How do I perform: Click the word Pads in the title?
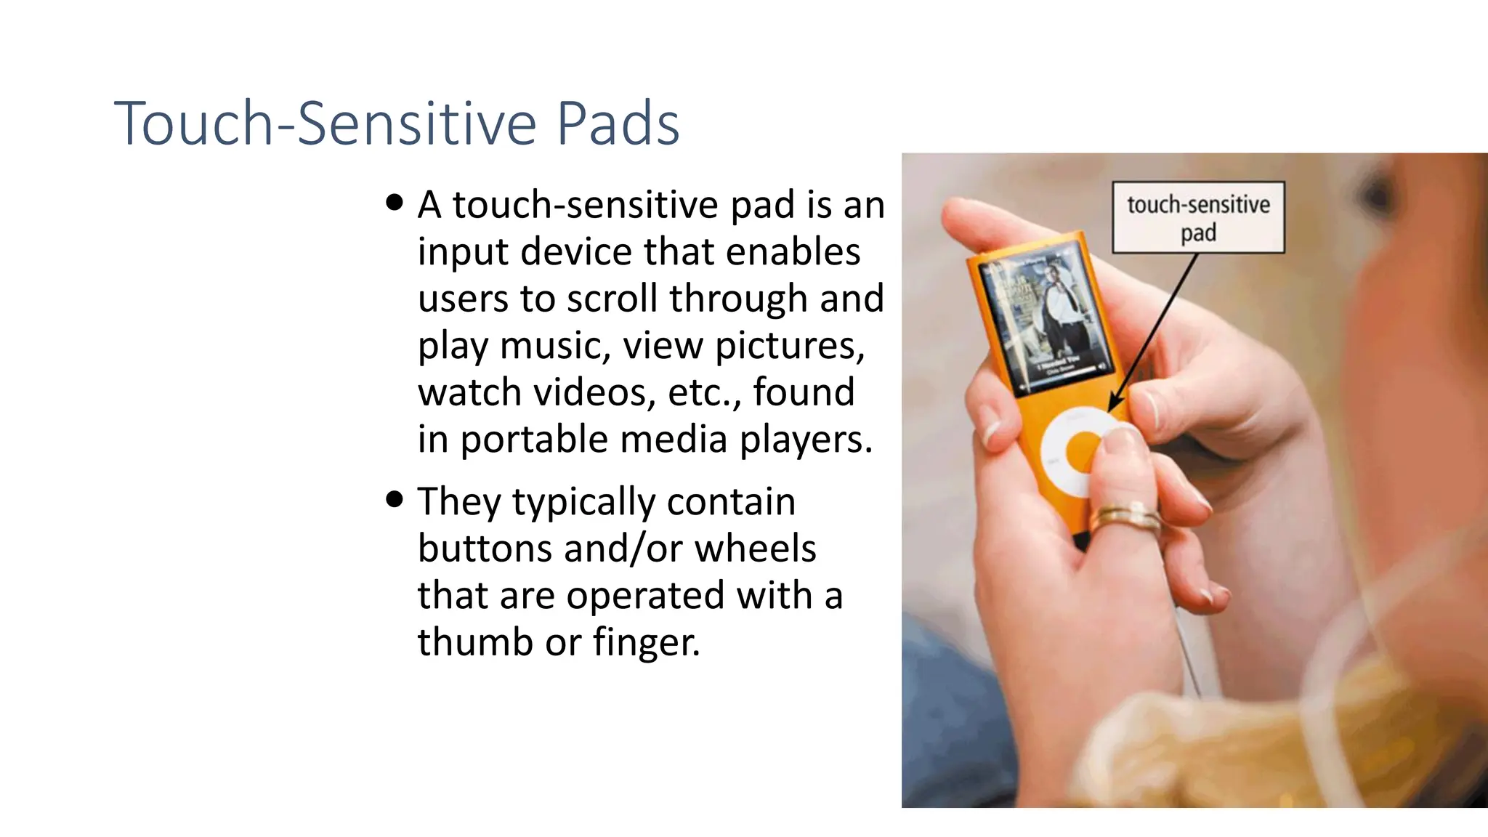(x=618, y=124)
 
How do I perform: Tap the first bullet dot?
(x=395, y=203)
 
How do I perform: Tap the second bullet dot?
(x=395, y=500)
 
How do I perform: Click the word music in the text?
(x=555, y=345)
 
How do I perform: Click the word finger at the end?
(x=646, y=642)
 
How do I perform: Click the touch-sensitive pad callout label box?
(x=1198, y=217)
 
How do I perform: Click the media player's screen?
(x=1043, y=320)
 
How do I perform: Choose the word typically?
(x=583, y=501)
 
